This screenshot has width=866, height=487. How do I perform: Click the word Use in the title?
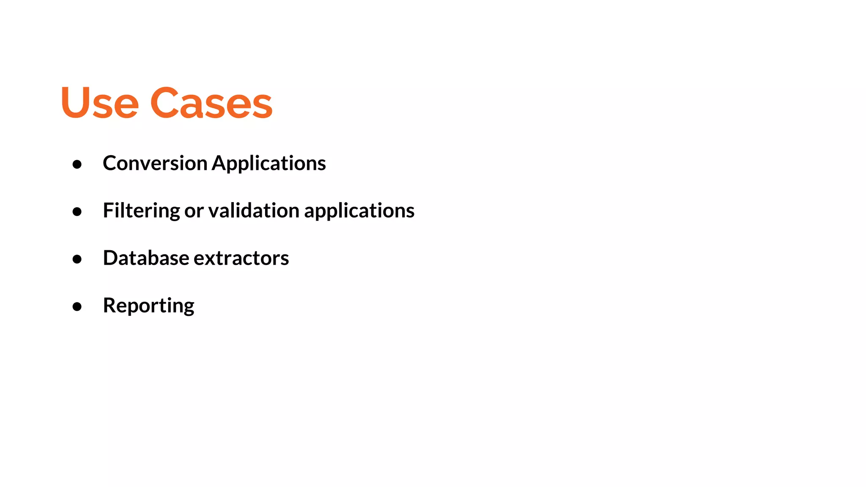point(100,102)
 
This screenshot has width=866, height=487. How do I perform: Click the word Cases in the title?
point(211,102)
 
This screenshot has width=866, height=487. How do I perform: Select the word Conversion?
point(155,163)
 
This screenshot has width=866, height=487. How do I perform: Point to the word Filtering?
point(141,211)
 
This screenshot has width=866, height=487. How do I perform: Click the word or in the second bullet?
point(194,211)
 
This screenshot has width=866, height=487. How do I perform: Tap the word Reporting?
point(148,306)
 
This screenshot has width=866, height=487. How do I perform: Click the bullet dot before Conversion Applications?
point(77,164)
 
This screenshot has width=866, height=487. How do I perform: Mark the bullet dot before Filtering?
point(77,211)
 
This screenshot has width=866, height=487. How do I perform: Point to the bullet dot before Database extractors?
point(77,259)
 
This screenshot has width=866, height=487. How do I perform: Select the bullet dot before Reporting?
point(77,306)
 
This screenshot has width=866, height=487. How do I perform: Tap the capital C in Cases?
point(164,102)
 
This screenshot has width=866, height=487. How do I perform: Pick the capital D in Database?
point(111,258)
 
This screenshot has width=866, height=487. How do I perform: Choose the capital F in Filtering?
point(108,210)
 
